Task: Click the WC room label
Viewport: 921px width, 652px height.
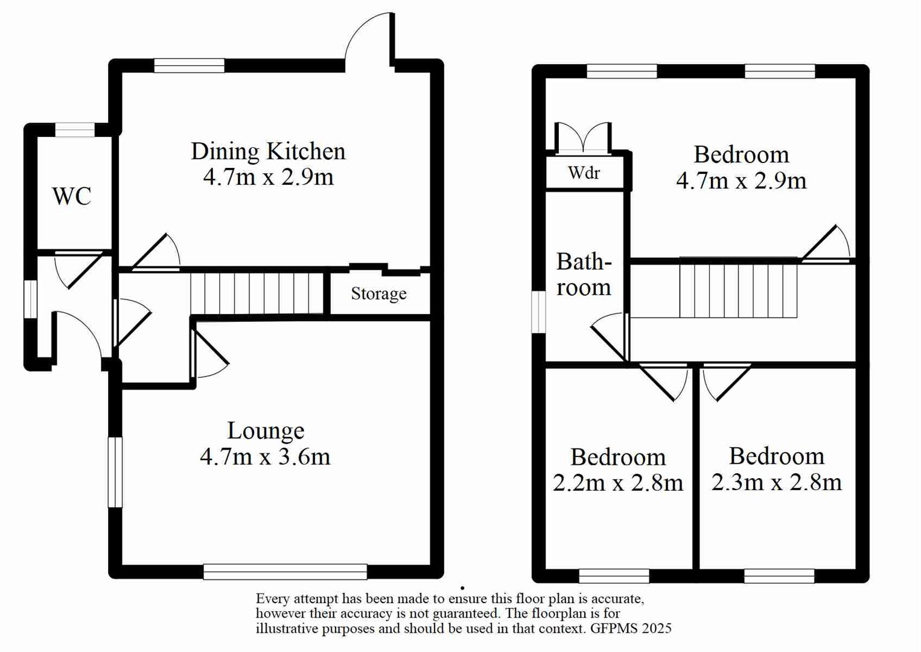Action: tap(72, 196)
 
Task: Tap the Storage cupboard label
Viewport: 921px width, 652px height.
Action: tap(378, 294)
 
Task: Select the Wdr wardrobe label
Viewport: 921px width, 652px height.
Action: tap(584, 173)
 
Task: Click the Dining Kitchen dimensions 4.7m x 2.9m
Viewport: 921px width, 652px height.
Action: tap(268, 177)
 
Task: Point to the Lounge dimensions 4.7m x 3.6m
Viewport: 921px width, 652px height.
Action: tap(265, 457)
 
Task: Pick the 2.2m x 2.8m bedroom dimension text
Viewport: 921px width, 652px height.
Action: tap(618, 483)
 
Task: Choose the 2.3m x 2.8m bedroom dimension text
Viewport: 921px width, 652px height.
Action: tap(776, 482)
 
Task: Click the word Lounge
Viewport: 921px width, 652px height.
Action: tap(266, 431)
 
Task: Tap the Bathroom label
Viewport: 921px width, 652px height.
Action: tap(584, 275)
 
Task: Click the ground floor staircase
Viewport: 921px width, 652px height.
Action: tap(258, 293)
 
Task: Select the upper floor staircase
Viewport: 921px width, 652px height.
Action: tap(738, 287)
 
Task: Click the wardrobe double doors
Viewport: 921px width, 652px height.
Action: tap(583, 138)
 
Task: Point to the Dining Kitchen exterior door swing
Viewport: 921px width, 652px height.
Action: tap(368, 37)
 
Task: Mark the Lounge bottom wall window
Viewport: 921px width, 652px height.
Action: tap(285, 571)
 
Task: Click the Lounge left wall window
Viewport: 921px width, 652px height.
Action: tap(115, 472)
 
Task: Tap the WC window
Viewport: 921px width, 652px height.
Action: tap(75, 129)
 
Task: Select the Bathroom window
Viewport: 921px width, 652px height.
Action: tap(538, 312)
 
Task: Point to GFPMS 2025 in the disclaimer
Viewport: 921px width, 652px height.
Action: tap(631, 628)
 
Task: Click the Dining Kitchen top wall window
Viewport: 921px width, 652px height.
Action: tap(189, 65)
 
